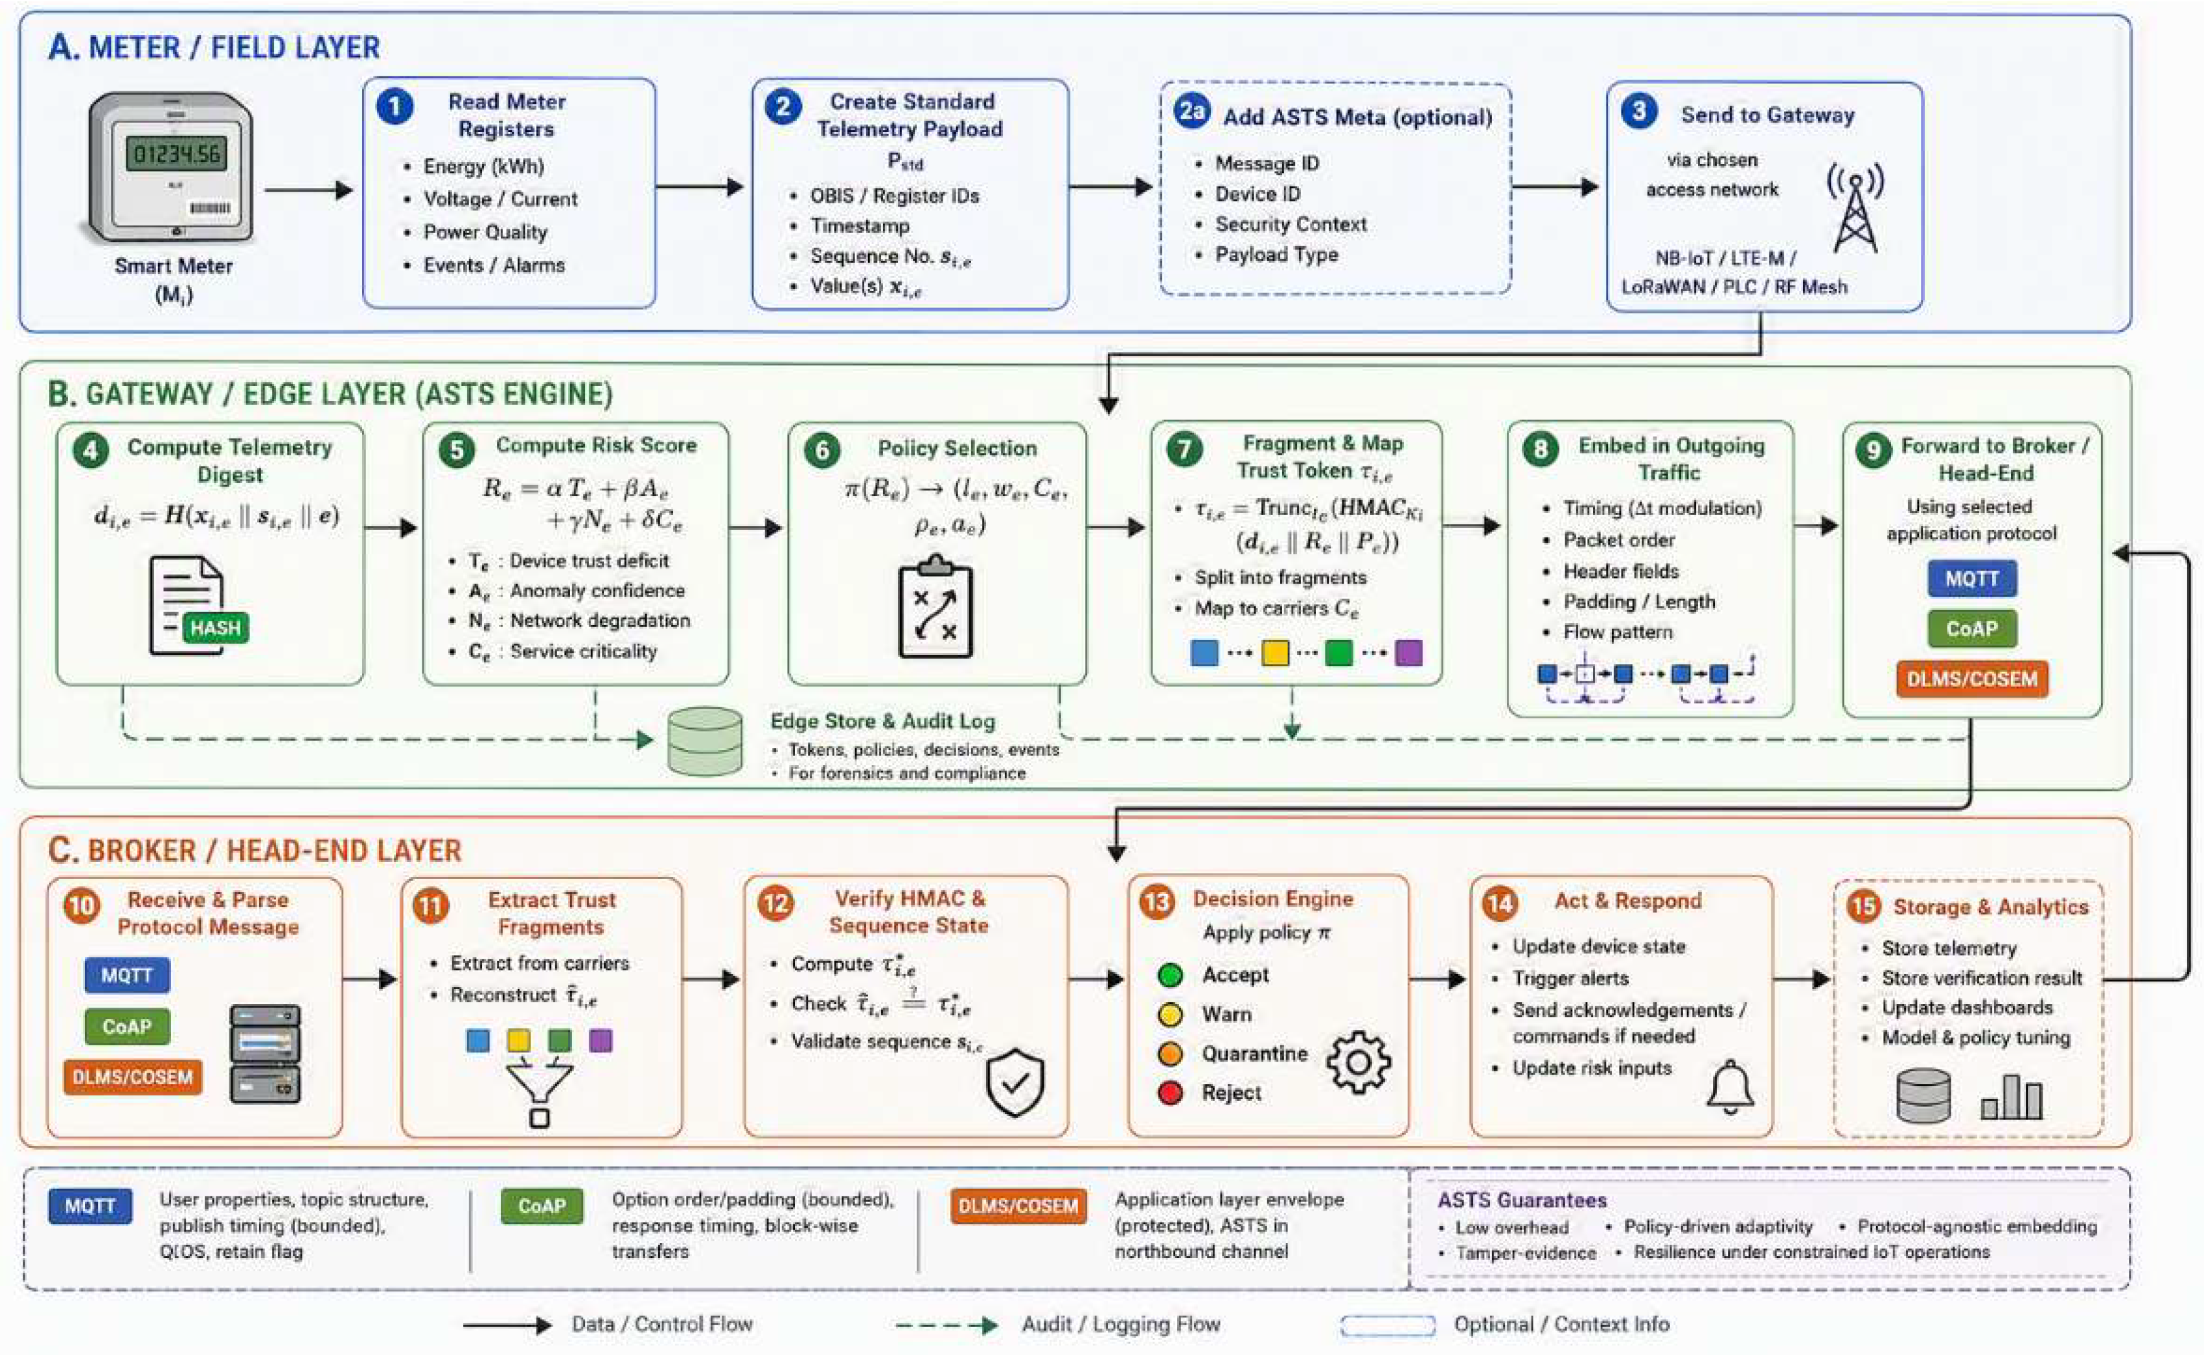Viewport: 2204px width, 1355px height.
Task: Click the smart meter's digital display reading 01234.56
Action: tap(176, 154)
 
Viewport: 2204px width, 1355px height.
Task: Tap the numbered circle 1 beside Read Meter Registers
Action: tap(395, 107)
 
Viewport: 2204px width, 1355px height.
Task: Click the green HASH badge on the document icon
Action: tap(215, 628)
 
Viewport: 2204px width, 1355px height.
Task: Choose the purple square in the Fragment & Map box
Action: tap(1408, 652)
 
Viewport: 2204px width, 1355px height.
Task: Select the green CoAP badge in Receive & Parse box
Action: tap(127, 1026)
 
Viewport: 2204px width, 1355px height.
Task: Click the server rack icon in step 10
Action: tap(266, 1053)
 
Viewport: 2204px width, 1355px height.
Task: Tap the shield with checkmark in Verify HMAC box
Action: tap(1015, 1082)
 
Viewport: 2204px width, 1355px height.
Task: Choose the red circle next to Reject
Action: tap(1169, 1093)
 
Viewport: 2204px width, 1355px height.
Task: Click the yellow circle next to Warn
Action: tap(1169, 1014)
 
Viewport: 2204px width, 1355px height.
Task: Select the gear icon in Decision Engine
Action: tap(1359, 1062)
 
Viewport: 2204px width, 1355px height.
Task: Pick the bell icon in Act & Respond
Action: tap(1730, 1087)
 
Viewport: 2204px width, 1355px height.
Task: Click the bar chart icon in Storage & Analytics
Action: tap(2012, 1097)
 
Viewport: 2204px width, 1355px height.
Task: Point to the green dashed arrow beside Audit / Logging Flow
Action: tap(947, 1325)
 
